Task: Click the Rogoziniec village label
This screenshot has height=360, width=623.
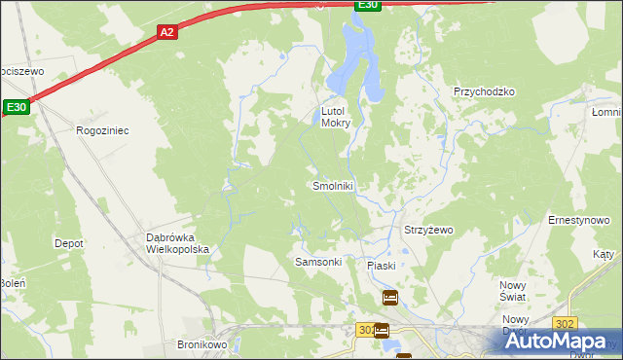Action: click(102, 129)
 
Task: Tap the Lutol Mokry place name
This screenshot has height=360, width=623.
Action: click(336, 117)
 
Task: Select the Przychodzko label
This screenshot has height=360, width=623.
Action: click(484, 91)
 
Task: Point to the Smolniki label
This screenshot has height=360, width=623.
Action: click(332, 186)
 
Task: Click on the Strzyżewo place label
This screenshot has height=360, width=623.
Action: click(428, 231)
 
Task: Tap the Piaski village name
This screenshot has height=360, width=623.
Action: click(381, 266)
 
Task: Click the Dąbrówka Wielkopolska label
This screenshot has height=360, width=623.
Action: click(178, 243)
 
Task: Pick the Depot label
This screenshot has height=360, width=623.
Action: click(68, 243)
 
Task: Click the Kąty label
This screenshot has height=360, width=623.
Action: click(604, 254)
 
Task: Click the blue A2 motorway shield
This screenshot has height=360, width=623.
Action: click(166, 32)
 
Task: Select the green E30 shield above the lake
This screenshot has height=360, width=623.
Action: click(366, 5)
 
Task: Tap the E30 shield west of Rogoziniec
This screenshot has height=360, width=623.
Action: click(17, 107)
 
